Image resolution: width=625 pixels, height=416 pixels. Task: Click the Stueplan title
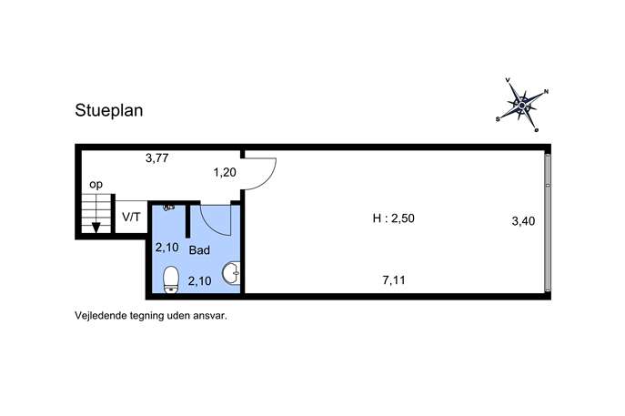coord(109,111)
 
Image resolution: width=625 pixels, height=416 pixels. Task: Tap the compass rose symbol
coord(522,105)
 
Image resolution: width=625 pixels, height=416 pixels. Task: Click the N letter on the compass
coord(546,91)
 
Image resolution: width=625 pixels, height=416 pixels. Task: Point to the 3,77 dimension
coord(157,158)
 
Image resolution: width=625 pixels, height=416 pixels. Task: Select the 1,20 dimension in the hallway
coord(225,173)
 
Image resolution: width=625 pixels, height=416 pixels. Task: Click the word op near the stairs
coord(96,185)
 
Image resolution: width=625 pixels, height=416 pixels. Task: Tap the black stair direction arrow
coord(96,228)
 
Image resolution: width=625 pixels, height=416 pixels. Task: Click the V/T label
coord(131,218)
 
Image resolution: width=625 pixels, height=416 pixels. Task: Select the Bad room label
coord(199,250)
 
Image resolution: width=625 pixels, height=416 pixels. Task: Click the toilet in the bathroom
coord(171,279)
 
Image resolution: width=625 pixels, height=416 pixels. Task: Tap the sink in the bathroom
coord(232,274)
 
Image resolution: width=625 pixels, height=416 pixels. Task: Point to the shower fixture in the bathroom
coord(169,208)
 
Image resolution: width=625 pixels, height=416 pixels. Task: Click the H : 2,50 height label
coord(393,218)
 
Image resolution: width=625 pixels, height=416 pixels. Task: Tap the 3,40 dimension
coord(523,221)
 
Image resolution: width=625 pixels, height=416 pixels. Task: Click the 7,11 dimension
coord(394,280)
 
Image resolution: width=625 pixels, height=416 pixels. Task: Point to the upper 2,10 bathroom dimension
coord(167,248)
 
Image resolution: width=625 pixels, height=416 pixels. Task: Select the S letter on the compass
coord(498,119)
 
